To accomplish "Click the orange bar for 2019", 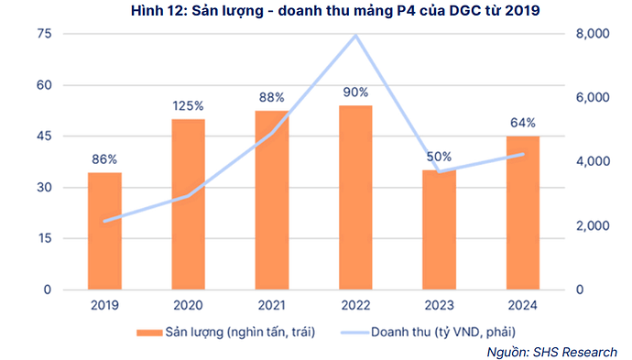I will point(104,231).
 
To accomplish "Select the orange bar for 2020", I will point(188,204).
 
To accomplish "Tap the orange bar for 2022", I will point(355,197).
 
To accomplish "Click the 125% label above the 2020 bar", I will point(188,106).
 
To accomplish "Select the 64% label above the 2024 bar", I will point(523,123).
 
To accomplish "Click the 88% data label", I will point(272,97).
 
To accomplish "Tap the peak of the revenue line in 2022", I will point(355,36).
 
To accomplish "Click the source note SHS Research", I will point(585,351).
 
